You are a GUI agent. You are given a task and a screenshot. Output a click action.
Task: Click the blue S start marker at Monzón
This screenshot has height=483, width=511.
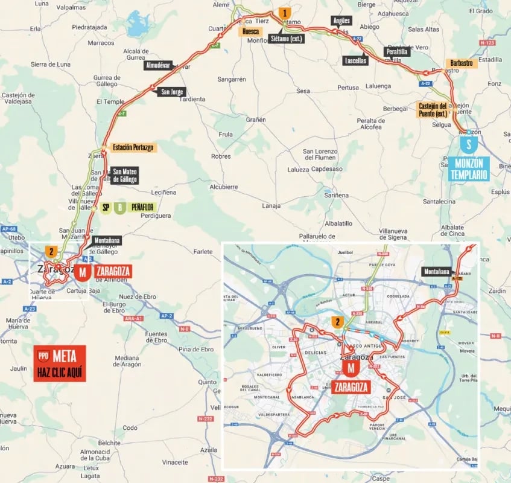click(468, 144)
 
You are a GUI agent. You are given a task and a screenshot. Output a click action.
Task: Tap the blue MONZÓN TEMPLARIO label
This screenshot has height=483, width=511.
click(468, 168)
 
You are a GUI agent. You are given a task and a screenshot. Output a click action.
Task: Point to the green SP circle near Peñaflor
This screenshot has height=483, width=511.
click(106, 208)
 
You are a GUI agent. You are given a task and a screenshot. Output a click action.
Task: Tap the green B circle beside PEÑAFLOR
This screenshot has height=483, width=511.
click(120, 208)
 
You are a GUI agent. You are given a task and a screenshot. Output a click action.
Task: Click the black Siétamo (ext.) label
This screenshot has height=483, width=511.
click(287, 39)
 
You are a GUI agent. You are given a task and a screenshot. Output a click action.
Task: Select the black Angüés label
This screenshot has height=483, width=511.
click(341, 21)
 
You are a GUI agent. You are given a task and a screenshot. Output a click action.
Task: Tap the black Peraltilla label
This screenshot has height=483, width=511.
click(396, 52)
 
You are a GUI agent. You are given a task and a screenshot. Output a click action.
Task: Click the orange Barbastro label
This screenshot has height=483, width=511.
click(461, 62)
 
